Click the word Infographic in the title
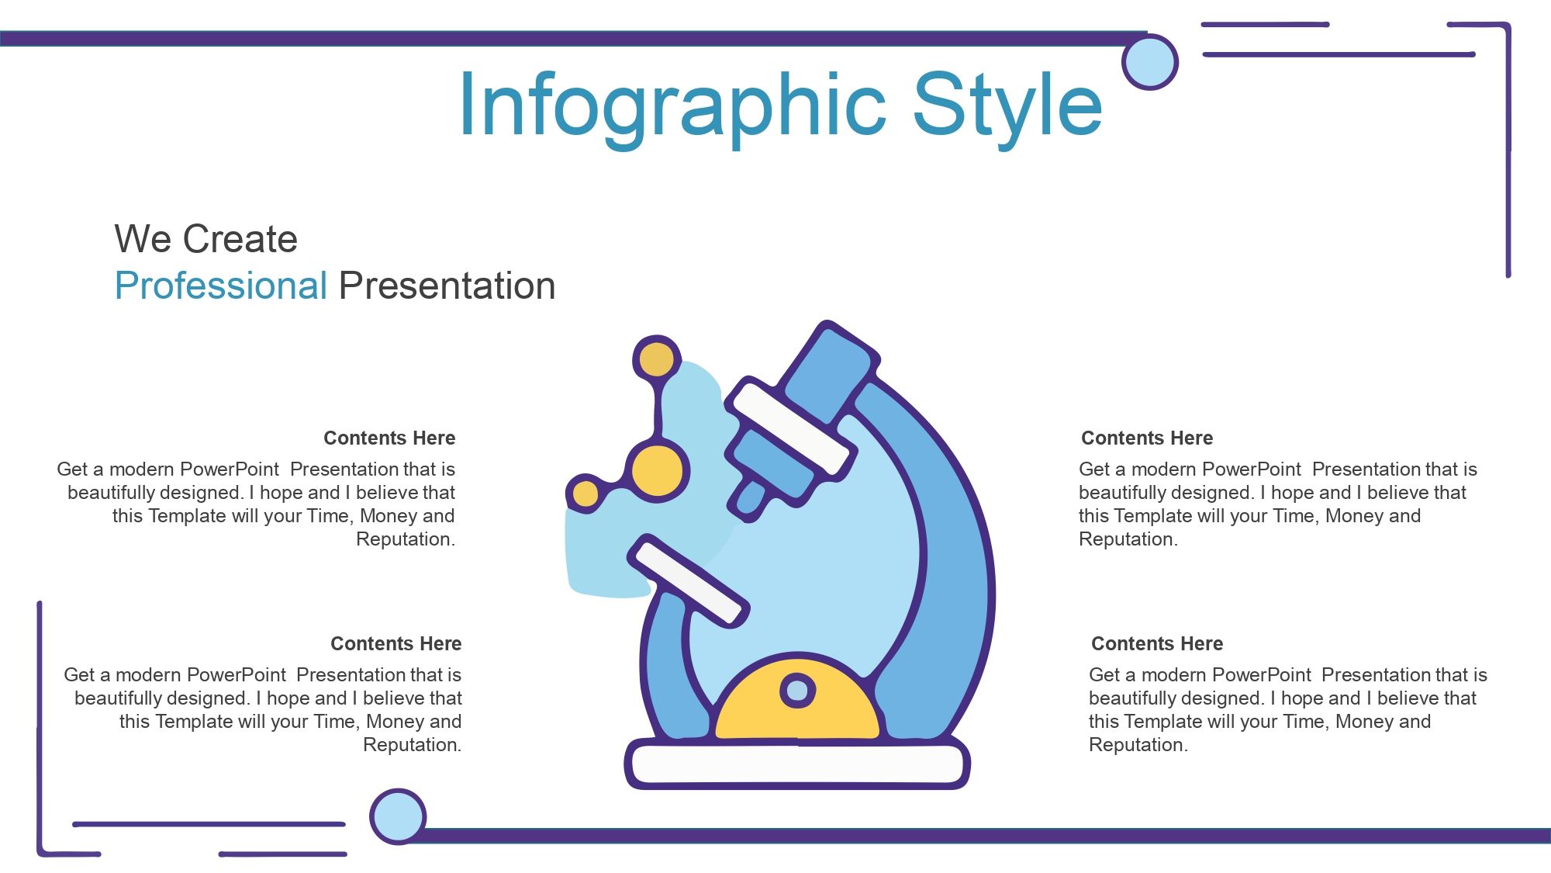[x=672, y=107]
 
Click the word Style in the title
[x=1007, y=107]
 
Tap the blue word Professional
[x=221, y=286]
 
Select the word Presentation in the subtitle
[x=447, y=286]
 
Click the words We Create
[x=206, y=238]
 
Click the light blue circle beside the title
[x=1150, y=62]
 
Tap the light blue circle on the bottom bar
[x=398, y=816]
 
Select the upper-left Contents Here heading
[x=389, y=438]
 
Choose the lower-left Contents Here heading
[x=396, y=643]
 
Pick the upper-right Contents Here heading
[x=1147, y=438]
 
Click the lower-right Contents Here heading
[x=1157, y=643]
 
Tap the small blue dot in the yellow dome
[x=797, y=690]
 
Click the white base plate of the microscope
[x=797, y=764]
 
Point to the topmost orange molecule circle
[x=657, y=360]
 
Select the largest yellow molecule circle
[x=657, y=470]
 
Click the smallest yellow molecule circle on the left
[x=586, y=494]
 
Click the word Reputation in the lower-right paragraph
[x=1138, y=745]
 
